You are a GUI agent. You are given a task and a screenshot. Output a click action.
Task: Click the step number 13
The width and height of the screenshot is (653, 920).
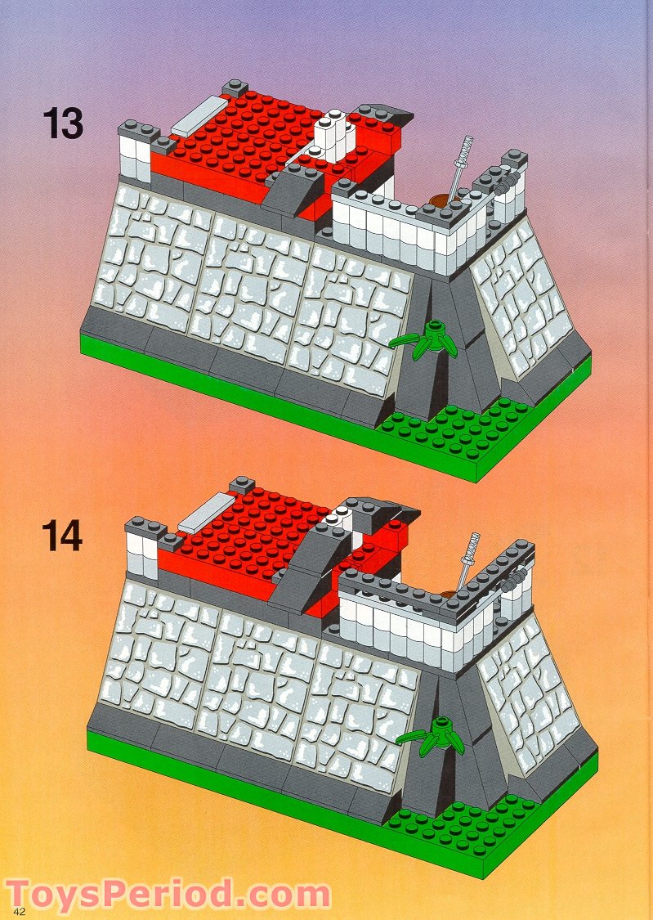(62, 123)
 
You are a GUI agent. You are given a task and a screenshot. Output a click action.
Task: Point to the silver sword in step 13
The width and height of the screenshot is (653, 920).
(463, 164)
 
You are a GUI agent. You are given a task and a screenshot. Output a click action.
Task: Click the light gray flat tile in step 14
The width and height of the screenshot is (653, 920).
(207, 513)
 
